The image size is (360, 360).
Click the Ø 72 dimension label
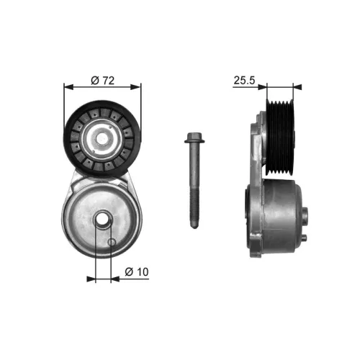[104, 81]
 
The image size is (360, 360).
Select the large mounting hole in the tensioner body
[103, 222]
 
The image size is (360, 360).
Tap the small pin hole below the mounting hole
[111, 242]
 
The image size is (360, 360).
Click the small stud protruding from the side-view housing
[307, 214]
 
